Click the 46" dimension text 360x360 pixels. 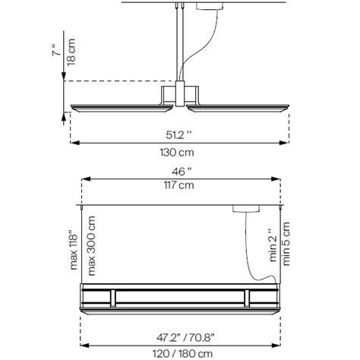coord(180,171)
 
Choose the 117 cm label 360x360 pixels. coord(180,185)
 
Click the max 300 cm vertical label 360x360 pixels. coord(93,245)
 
